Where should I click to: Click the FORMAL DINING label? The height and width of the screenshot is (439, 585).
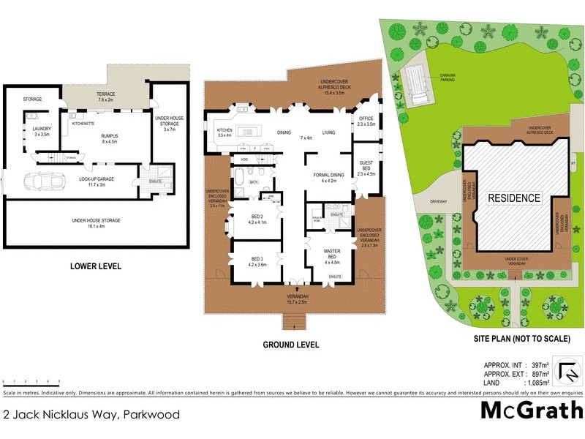point(329,176)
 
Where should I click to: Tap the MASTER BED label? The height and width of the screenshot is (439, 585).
point(333,254)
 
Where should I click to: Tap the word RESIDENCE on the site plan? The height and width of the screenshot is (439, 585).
point(514,198)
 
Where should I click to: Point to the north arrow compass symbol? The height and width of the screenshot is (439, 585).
point(567,372)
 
